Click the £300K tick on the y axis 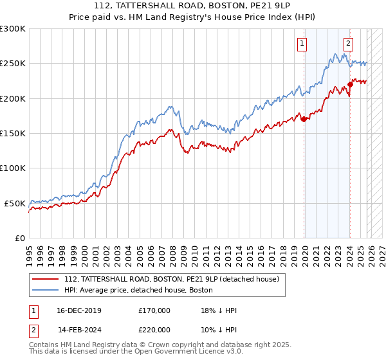(x=13, y=29)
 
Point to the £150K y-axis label (x=13, y=134)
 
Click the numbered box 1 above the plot (x=302, y=44)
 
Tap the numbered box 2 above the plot (x=348, y=44)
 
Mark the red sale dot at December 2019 (x=304, y=119)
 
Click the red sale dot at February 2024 (x=350, y=84)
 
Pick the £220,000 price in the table (x=154, y=330)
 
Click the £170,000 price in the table (x=154, y=310)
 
